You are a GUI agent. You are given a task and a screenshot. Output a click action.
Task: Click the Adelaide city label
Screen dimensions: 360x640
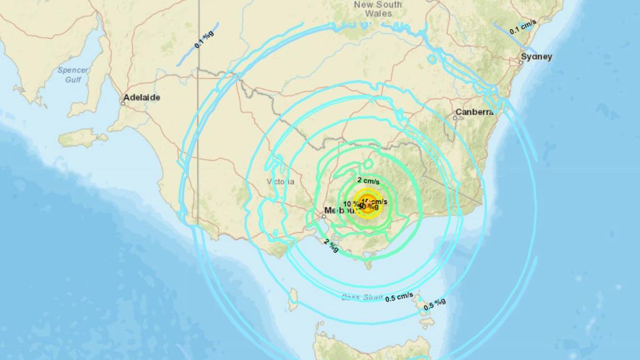coord(141,98)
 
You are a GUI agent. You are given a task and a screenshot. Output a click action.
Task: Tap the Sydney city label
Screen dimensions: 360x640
coord(537,57)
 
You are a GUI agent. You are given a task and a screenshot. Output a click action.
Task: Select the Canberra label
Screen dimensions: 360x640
coord(474,112)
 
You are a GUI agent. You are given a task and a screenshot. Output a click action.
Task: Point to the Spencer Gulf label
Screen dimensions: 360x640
coord(74,75)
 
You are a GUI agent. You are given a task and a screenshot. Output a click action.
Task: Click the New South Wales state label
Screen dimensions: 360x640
coord(378,9)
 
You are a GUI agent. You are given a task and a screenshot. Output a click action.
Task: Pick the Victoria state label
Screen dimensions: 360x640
coord(280,181)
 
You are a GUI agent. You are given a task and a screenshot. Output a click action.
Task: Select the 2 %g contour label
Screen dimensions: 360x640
coord(331,245)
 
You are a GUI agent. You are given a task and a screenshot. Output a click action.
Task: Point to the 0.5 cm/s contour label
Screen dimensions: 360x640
coord(399,297)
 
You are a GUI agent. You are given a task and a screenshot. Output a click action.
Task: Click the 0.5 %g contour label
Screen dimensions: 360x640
coord(435,304)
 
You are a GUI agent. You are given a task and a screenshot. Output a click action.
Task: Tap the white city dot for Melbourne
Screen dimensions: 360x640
coord(324,217)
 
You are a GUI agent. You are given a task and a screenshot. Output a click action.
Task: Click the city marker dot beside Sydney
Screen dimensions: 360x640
coord(521,63)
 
